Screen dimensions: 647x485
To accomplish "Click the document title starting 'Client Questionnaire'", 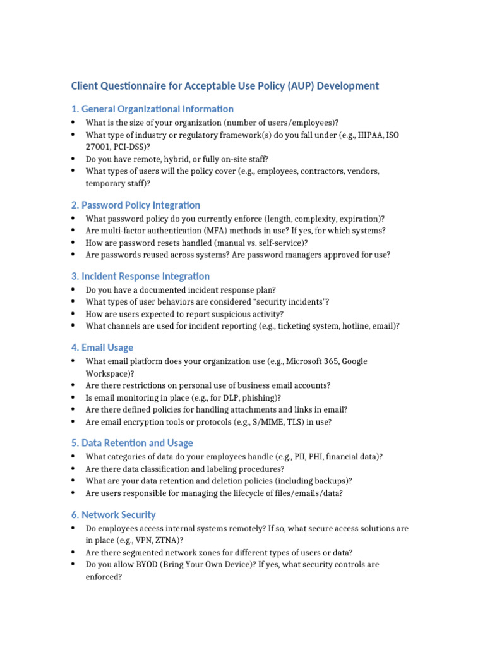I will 225,85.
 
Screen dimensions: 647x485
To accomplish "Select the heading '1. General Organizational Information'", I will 152,109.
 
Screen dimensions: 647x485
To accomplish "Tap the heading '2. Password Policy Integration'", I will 135,205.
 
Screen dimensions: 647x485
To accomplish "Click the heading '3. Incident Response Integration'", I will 140,276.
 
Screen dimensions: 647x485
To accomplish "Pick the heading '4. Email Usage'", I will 102,348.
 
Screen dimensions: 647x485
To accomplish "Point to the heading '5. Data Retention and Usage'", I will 132,443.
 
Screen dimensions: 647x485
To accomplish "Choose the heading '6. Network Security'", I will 113,515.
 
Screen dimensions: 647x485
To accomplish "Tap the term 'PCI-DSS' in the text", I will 128,147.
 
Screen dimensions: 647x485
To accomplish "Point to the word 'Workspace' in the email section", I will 104,373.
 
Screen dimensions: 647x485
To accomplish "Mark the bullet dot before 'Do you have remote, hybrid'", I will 73,159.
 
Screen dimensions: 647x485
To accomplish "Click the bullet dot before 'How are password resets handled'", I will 73,243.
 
